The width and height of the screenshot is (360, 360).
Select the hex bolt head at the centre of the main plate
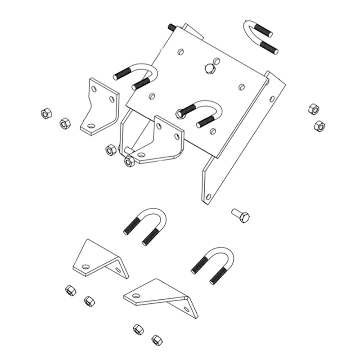point(209,68)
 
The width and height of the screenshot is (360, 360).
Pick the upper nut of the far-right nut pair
point(314,108)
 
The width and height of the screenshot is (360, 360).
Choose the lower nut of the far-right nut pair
point(319,126)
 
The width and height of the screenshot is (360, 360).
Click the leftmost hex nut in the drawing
point(46,113)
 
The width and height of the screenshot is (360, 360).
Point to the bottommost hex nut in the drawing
point(157,339)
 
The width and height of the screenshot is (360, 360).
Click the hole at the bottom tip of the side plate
point(208,197)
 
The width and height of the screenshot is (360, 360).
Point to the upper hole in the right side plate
point(272,98)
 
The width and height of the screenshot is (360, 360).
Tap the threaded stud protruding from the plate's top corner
point(172,27)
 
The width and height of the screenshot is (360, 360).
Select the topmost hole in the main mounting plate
point(180,52)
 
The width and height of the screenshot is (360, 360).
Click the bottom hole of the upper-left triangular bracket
point(91,126)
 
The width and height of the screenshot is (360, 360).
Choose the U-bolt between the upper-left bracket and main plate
point(137,76)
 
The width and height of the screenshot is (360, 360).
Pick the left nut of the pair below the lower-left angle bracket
point(70,290)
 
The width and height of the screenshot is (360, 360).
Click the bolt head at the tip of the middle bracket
point(129,160)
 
